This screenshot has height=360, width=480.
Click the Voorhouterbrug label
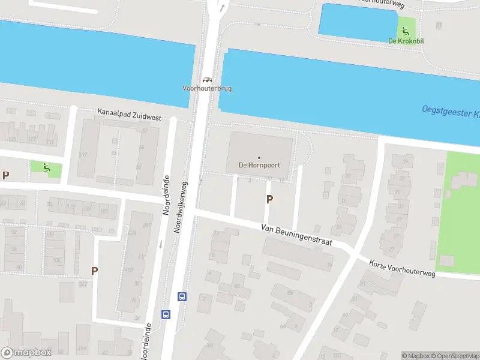pyautogui.click(x=207, y=88)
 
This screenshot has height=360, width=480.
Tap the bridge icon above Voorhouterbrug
pyautogui.click(x=207, y=79)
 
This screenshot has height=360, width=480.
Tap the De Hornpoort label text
pyautogui.click(x=259, y=166)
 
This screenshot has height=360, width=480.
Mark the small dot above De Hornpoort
pyautogui.click(x=259, y=158)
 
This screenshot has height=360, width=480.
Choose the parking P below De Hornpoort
pyautogui.click(x=269, y=199)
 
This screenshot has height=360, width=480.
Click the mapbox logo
pyautogui.click(x=26, y=353)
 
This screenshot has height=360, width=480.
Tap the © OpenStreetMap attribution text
pyautogui.click(x=454, y=356)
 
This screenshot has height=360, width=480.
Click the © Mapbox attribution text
pyautogui.click(x=415, y=356)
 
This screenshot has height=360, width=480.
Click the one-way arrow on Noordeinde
pyautogui.click(x=161, y=244)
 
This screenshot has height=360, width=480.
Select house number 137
pyautogui.click(x=83, y=155)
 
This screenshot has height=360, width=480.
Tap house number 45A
pyautogui.click(x=82, y=348)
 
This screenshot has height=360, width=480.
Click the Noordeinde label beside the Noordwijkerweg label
pyautogui.click(x=167, y=196)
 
